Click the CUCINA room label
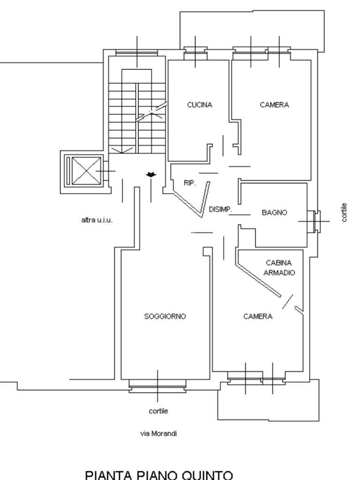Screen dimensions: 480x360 click(x=200, y=105)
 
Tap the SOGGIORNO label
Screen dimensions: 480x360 click(x=165, y=316)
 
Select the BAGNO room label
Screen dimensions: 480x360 click(x=274, y=212)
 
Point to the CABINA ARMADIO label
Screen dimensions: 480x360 click(x=279, y=268)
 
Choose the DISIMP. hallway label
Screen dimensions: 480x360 click(x=220, y=210)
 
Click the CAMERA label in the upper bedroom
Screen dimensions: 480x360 click(x=274, y=105)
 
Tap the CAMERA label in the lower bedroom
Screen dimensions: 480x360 click(x=258, y=316)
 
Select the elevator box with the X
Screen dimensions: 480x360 click(x=85, y=171)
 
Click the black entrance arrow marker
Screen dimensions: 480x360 click(x=151, y=175)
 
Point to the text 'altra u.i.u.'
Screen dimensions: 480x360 click(x=97, y=220)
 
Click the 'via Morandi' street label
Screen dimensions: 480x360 click(x=158, y=434)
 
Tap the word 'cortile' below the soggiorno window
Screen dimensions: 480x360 click(x=158, y=411)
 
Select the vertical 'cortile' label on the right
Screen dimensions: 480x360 click(x=345, y=212)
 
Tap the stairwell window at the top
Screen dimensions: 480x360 click(x=136, y=52)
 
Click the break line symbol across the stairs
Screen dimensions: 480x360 click(x=151, y=112)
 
